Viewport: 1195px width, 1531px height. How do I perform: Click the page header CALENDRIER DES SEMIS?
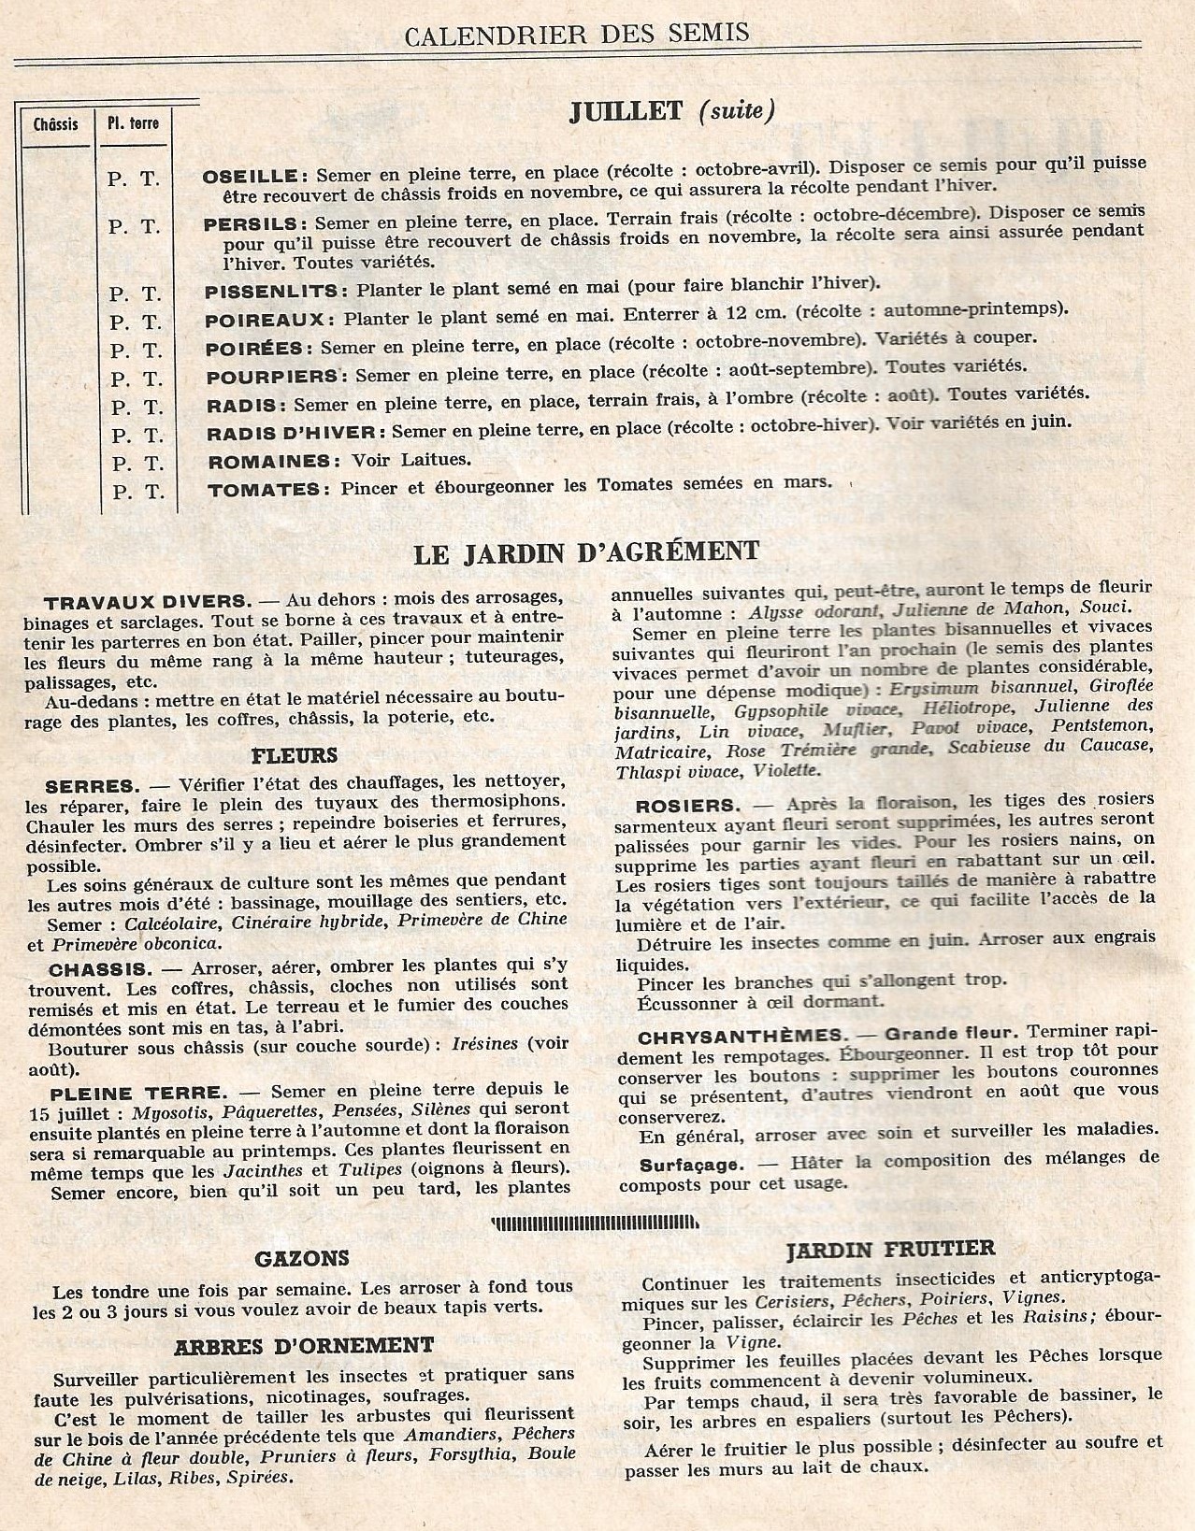(x=577, y=34)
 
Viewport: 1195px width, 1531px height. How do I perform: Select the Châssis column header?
(x=55, y=124)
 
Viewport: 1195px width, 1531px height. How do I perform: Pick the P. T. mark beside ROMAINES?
(x=137, y=464)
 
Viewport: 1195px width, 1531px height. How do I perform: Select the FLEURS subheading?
(x=295, y=754)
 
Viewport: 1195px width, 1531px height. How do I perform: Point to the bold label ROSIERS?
(x=687, y=805)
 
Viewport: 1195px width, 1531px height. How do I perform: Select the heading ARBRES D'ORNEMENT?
(x=304, y=1346)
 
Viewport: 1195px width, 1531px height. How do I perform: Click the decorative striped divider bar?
(x=597, y=1221)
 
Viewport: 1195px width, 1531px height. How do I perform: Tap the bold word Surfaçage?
(x=692, y=1166)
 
